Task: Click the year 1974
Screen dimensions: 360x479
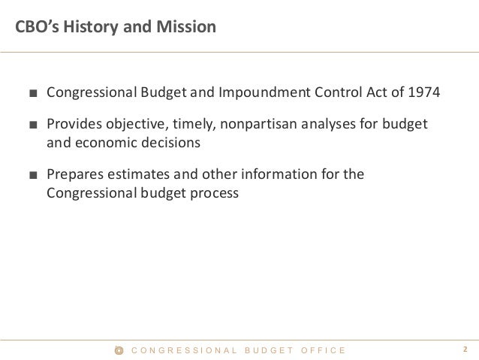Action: [424, 94]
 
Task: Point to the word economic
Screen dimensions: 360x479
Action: [105, 141]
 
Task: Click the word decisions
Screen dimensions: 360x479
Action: [168, 141]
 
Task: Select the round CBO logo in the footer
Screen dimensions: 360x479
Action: [118, 350]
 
